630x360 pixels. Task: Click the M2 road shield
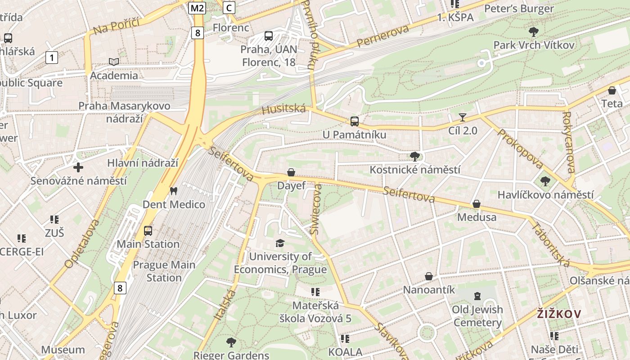click(x=197, y=8)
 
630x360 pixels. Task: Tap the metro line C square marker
click(x=229, y=7)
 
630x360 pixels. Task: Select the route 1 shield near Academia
click(x=52, y=58)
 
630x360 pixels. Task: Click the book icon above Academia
click(x=114, y=62)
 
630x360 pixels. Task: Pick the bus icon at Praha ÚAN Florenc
click(x=269, y=36)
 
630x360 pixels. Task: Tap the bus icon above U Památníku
click(x=355, y=121)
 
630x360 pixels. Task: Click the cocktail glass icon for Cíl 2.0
click(x=462, y=117)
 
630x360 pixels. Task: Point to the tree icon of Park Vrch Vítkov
click(x=534, y=32)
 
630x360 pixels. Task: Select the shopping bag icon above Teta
click(x=612, y=90)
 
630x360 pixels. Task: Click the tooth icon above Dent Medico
click(x=173, y=191)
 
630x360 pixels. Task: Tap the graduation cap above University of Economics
click(x=280, y=243)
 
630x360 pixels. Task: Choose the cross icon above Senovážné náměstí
click(x=78, y=168)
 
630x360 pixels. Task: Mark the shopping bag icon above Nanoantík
click(x=429, y=276)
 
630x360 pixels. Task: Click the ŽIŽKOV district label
click(x=559, y=314)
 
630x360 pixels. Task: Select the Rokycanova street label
click(x=568, y=142)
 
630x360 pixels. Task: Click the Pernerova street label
click(x=382, y=36)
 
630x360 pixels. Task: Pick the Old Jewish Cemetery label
click(x=477, y=316)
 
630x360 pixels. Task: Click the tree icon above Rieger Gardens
click(x=231, y=342)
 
